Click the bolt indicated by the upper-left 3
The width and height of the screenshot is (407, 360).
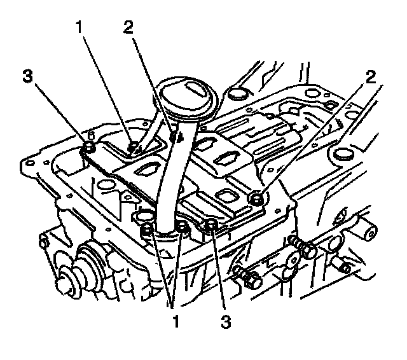pos(89,148)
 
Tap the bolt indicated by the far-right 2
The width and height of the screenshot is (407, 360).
pos(257,200)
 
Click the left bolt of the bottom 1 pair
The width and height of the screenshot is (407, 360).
pos(148,229)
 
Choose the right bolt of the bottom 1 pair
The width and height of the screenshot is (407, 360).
pos(183,227)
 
